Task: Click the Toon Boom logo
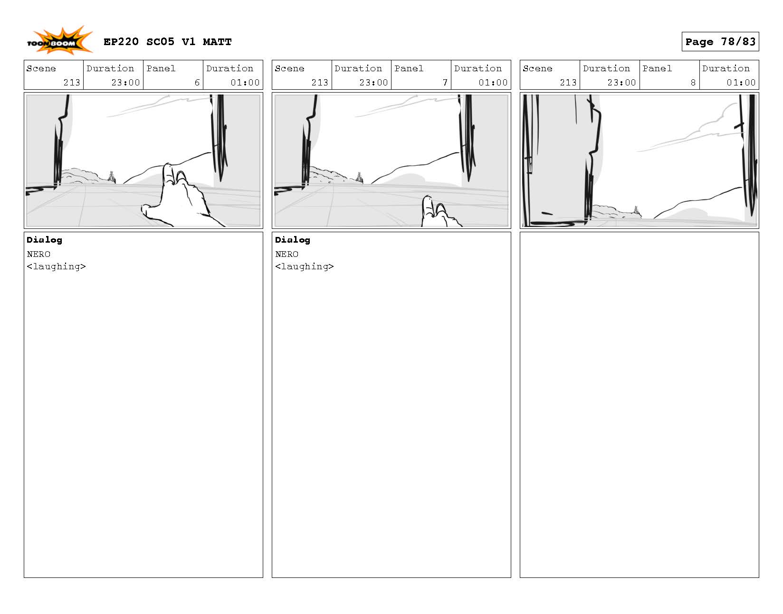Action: pyautogui.click(x=59, y=41)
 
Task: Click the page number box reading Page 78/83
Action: pyautogui.click(x=720, y=42)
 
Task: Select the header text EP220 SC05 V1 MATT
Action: pyautogui.click(x=168, y=42)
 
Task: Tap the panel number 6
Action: pyautogui.click(x=197, y=83)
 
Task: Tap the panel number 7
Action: pyautogui.click(x=445, y=83)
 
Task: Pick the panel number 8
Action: pyautogui.click(x=693, y=83)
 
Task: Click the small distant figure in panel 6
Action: pyautogui.click(x=112, y=177)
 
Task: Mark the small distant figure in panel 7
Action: pyautogui.click(x=359, y=177)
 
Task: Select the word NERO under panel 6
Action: pyautogui.click(x=38, y=254)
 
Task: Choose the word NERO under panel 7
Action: pyautogui.click(x=287, y=254)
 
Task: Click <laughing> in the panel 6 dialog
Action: pyautogui.click(x=56, y=267)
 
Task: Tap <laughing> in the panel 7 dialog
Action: pyautogui.click(x=305, y=267)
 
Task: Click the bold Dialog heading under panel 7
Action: pyautogui.click(x=293, y=240)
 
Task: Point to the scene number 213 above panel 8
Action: pyautogui.click(x=568, y=83)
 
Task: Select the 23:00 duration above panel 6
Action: pyautogui.click(x=125, y=83)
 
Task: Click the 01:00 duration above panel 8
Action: pyautogui.click(x=741, y=83)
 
